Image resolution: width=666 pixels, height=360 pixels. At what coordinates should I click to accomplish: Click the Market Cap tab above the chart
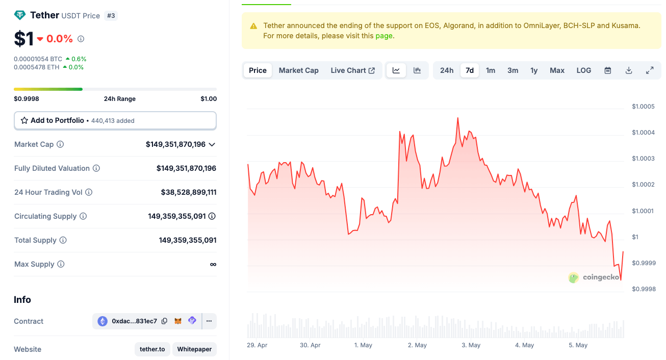click(298, 70)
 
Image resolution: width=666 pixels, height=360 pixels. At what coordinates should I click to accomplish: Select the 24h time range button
click(447, 70)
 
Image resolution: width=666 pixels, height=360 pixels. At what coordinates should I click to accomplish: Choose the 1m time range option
click(491, 70)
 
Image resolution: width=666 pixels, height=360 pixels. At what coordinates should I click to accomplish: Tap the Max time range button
click(557, 70)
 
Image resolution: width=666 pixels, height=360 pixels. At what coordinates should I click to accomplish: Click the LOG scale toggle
click(584, 70)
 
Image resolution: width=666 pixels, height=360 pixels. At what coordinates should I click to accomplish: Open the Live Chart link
click(352, 70)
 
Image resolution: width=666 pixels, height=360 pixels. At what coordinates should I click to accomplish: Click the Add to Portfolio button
click(115, 120)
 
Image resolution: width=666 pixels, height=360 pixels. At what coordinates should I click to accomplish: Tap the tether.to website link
click(152, 349)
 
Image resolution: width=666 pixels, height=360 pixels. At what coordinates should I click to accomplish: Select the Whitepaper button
click(194, 349)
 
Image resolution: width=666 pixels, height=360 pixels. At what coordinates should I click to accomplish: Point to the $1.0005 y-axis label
click(643, 107)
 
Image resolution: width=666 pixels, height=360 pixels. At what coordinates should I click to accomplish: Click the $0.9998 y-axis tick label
click(643, 289)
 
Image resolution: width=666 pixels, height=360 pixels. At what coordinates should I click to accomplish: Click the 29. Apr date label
click(257, 345)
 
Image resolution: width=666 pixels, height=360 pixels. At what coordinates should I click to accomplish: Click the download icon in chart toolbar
click(629, 70)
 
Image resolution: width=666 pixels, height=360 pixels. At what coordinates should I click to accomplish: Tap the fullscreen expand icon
click(650, 70)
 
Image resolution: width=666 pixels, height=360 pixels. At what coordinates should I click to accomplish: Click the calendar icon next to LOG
click(608, 70)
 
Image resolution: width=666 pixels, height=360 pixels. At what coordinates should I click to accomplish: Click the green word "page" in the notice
click(384, 36)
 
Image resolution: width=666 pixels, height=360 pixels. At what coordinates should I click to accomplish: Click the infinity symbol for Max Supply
click(213, 264)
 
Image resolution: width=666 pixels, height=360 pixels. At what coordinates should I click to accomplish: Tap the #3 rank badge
click(111, 16)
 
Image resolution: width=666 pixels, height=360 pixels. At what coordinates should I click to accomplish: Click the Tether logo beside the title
click(20, 15)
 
